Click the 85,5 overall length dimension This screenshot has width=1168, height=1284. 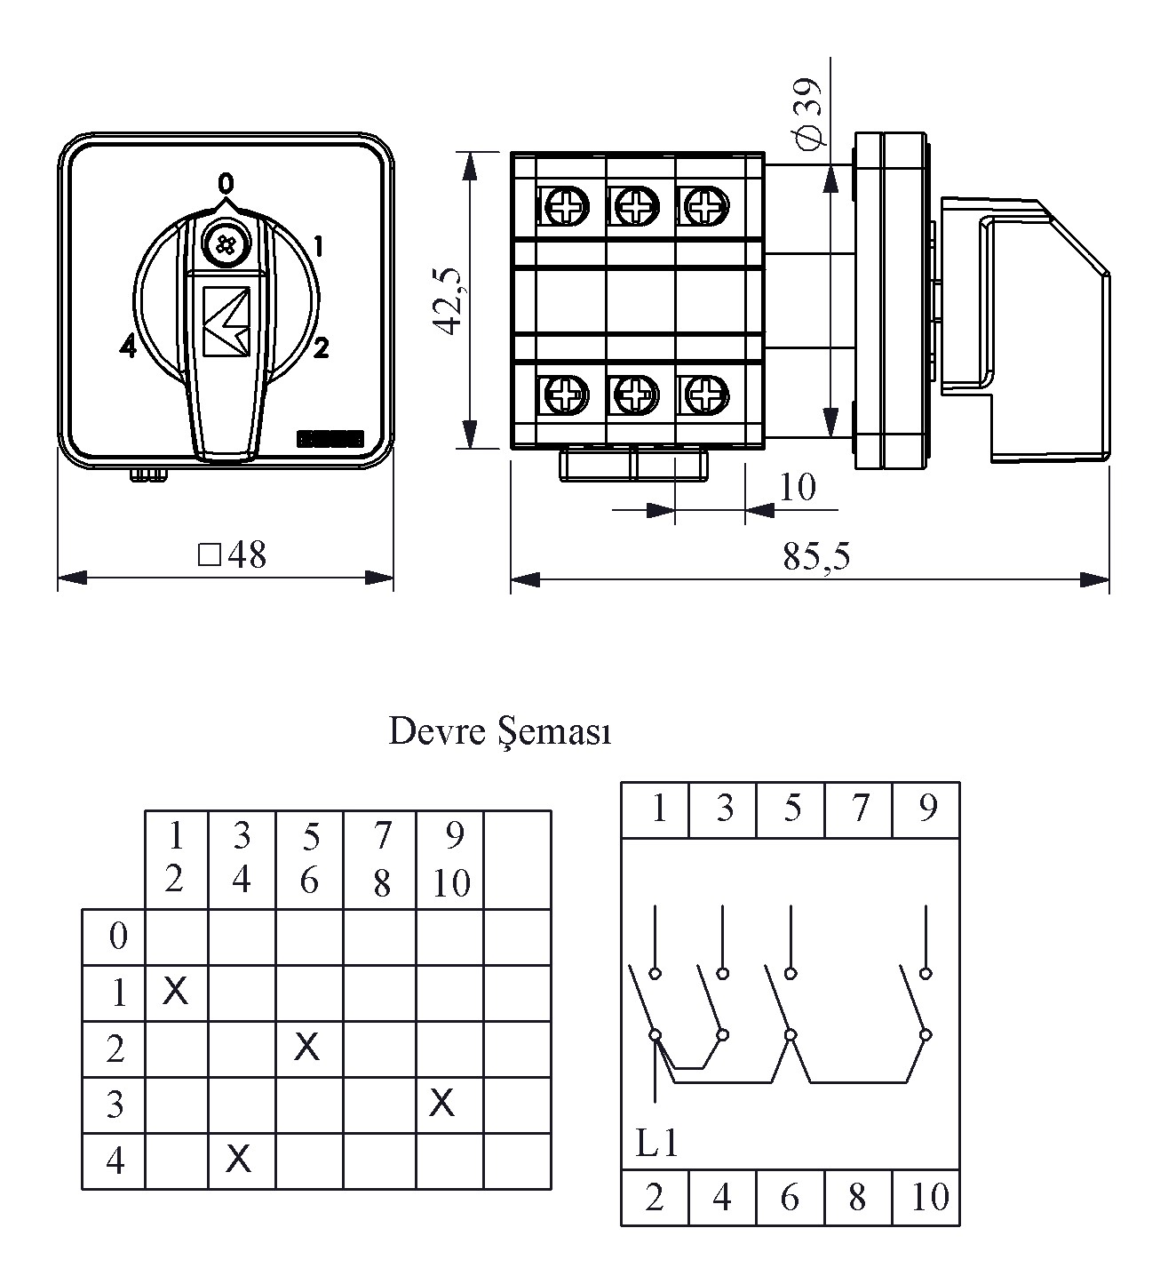point(816,556)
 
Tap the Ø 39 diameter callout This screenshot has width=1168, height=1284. point(809,113)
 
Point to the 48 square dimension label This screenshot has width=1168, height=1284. point(233,555)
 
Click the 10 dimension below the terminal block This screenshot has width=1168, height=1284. point(797,487)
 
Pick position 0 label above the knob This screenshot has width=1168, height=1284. point(226,183)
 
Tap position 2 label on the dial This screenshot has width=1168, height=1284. point(321,347)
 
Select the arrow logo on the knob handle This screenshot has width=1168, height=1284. point(226,321)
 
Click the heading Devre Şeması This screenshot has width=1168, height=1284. point(500,732)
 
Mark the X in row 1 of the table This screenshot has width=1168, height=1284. point(176,989)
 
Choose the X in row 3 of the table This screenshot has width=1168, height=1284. point(441,1103)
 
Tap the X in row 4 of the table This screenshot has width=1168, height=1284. point(238,1158)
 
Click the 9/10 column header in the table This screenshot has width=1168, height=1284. point(451,859)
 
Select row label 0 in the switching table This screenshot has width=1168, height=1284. point(117,936)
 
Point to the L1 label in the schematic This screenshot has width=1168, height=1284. point(657,1143)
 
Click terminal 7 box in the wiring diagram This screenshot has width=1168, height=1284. point(859,809)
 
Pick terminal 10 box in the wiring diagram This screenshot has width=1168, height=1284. point(928,1198)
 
